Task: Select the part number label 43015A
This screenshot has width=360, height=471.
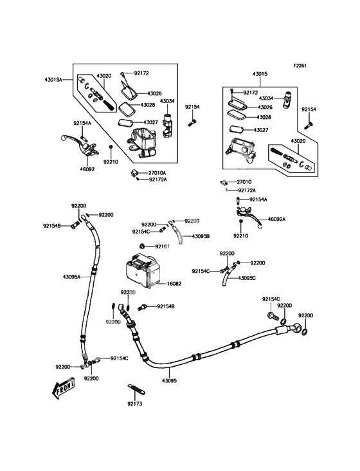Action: point(54,80)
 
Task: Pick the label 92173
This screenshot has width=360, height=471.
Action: point(135,404)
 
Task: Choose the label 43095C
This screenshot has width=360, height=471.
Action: point(247,278)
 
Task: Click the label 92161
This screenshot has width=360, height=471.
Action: point(161,246)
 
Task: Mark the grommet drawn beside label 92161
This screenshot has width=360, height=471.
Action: point(143,246)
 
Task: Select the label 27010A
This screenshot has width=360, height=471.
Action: point(157,172)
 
